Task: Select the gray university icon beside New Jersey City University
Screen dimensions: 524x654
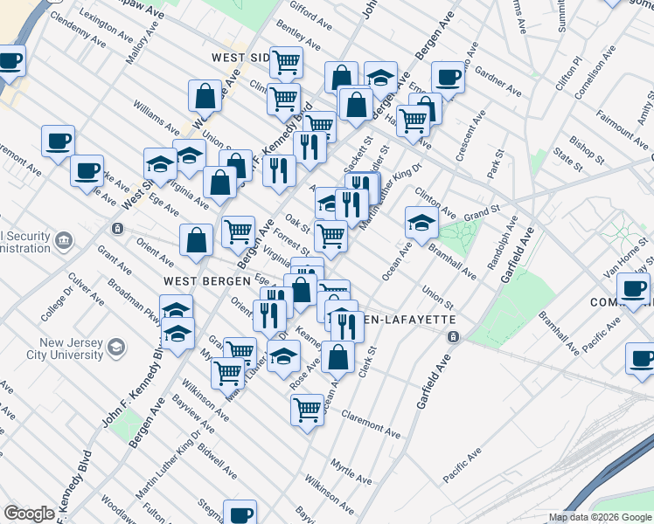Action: tap(115, 349)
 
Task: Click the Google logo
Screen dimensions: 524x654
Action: tap(29, 514)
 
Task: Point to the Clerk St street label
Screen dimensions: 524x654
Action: tap(367, 361)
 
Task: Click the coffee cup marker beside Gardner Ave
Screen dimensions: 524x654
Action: tap(448, 77)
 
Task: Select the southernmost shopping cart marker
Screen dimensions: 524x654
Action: tap(307, 408)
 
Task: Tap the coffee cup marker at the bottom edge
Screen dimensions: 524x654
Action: tap(239, 514)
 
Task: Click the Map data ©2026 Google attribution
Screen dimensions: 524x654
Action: tap(600, 517)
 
